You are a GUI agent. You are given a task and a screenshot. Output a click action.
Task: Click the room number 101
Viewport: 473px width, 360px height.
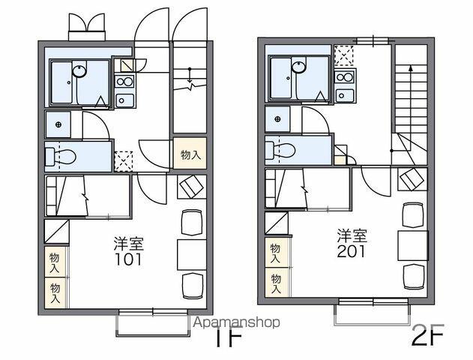click(128, 259)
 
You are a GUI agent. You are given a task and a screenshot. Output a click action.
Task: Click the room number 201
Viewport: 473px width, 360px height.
click(351, 251)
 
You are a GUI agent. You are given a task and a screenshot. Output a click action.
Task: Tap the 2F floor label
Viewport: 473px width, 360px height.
click(427, 334)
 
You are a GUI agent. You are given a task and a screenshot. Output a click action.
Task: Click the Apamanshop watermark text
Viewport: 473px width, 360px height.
click(236, 322)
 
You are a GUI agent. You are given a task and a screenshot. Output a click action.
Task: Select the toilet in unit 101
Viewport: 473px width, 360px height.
click(60, 156)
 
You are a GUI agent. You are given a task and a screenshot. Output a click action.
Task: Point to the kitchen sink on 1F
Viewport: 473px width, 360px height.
click(124, 100)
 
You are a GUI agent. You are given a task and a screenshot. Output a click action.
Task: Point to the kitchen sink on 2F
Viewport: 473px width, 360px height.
click(345, 95)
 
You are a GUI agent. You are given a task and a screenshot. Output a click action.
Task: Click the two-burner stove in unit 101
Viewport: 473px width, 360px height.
click(124, 81)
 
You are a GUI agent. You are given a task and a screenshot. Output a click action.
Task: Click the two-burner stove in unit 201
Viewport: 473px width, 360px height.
click(345, 76)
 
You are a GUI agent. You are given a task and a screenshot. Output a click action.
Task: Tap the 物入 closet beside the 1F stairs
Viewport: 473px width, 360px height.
click(190, 153)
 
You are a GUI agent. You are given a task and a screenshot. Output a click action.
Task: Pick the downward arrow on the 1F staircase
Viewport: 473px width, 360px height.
click(190, 75)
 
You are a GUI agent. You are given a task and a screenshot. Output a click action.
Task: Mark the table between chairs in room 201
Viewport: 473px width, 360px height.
click(413, 246)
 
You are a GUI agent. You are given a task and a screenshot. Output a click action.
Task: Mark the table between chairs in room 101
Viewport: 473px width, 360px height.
click(192, 254)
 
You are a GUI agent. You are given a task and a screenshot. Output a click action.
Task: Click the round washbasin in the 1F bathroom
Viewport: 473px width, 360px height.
click(79, 71)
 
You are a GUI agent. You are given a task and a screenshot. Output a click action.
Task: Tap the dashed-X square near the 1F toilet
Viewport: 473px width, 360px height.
click(124, 161)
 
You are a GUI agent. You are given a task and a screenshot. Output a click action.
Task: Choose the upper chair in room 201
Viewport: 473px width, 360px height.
click(414, 214)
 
